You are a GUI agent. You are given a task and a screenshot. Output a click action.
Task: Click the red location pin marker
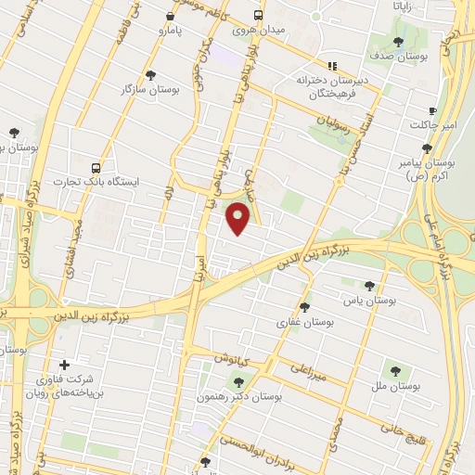(x=239, y=217)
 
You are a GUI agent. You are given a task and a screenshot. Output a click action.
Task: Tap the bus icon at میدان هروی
(x=259, y=16)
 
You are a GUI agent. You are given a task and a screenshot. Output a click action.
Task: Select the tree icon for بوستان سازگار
(x=151, y=75)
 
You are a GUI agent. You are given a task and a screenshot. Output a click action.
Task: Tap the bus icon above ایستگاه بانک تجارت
(x=96, y=169)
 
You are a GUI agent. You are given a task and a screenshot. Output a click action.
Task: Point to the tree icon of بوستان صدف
(x=399, y=42)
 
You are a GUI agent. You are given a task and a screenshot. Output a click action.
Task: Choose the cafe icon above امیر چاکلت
(x=432, y=111)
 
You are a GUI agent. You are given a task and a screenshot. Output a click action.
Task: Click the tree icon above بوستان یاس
(x=370, y=285)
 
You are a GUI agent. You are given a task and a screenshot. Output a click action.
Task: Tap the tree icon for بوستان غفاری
(x=304, y=307)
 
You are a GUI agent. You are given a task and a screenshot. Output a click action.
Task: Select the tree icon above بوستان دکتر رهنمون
(x=238, y=381)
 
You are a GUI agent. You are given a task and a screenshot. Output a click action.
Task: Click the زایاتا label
(x=411, y=6)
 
